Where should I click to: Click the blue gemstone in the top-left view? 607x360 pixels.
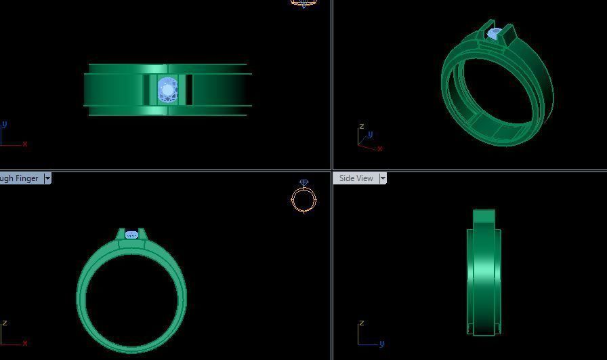(167, 90)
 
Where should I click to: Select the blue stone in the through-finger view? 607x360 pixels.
(131, 235)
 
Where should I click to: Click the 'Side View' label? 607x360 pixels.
(356, 178)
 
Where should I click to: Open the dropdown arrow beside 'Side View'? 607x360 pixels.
(383, 178)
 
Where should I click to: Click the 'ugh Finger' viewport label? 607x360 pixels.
(19, 178)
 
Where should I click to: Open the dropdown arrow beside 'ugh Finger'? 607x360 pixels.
(47, 178)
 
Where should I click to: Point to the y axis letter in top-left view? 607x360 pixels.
(5, 125)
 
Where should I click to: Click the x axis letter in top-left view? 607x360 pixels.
(25, 144)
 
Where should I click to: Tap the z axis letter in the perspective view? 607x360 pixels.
(362, 127)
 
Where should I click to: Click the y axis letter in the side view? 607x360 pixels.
(382, 344)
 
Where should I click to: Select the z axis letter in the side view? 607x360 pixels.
(362, 323)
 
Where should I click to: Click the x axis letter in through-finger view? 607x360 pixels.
(25, 344)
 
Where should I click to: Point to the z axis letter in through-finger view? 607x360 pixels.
(5, 323)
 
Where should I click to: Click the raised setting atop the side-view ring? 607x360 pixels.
(484, 218)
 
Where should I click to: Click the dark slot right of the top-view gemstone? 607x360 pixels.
(188, 90)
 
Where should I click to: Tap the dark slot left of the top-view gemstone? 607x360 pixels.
(147, 90)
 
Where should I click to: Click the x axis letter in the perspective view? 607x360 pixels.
(380, 148)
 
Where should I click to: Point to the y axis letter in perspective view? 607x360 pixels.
(371, 134)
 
